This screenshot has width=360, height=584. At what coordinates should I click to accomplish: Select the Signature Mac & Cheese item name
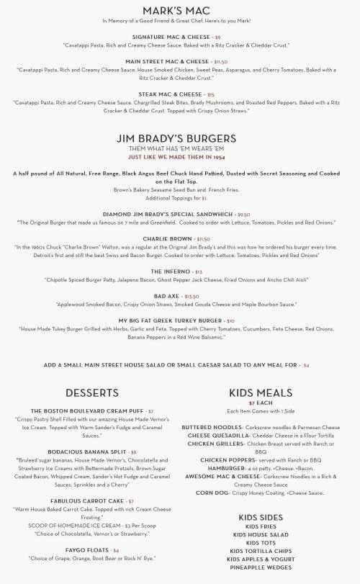[171, 36]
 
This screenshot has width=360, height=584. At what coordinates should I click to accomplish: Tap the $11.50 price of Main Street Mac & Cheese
[200, 62]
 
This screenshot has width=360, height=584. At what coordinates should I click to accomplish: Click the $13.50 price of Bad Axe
[192, 296]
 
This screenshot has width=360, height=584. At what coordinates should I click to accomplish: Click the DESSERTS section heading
[91, 392]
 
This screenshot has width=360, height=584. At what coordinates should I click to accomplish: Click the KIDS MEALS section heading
[260, 392]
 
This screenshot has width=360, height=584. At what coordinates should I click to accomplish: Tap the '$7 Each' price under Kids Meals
[260, 403]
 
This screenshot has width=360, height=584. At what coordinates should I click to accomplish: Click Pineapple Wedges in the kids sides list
[260, 567]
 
